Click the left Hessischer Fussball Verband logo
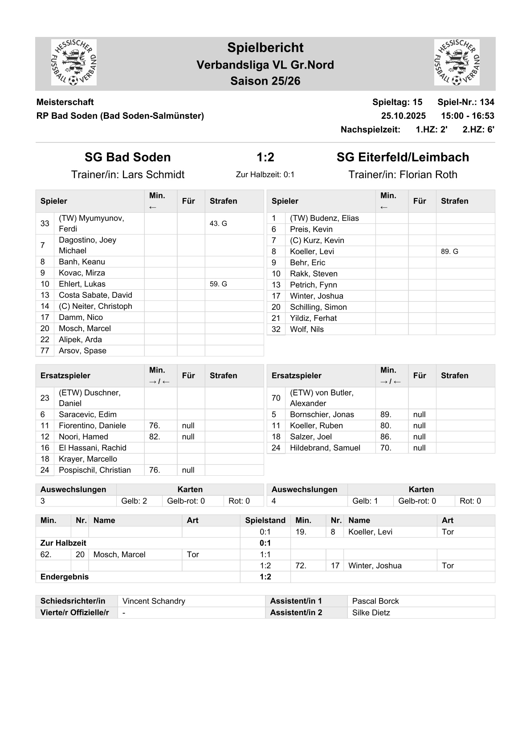point(73,62)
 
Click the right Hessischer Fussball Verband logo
point(457,62)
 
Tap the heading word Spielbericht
point(265,48)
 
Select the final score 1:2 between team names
point(265,157)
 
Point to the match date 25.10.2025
point(403,116)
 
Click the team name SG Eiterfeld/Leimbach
point(403,157)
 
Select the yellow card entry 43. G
point(218,223)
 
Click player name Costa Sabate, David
point(95,295)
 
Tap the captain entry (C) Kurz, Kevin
point(317,240)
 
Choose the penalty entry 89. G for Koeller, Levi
point(449,251)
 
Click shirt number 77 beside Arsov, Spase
point(45,351)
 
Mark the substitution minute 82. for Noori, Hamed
point(155,437)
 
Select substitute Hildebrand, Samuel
point(325,448)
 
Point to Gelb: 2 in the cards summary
point(134,501)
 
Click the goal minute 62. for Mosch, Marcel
point(46,555)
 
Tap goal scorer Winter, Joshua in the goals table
point(375,566)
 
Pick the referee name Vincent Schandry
point(154,601)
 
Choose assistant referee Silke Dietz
point(371,613)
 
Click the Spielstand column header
point(265,520)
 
